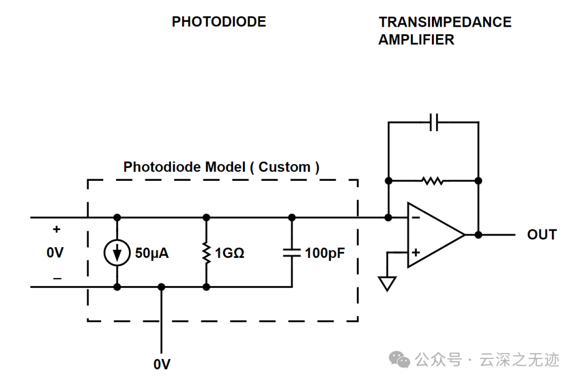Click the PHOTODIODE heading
tap(219, 22)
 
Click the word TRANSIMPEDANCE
tap(445, 22)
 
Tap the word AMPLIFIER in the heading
tap(416, 40)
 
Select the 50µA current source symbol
tap(117, 252)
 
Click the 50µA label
tap(152, 253)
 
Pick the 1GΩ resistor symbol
tap(207, 253)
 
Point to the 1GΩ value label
tap(229, 253)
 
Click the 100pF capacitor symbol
tap(292, 252)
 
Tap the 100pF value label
tap(325, 253)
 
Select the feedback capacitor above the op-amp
tap(434, 122)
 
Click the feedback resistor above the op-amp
tap(433, 181)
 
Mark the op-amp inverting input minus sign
tap(416, 218)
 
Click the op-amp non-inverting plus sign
tap(416, 252)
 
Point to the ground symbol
tap(387, 284)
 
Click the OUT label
tap(542, 235)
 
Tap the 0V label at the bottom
tap(162, 364)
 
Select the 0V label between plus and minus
tap(55, 252)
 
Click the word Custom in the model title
tap(284, 167)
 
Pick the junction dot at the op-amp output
tap(478, 235)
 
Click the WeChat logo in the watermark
tap(400, 359)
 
